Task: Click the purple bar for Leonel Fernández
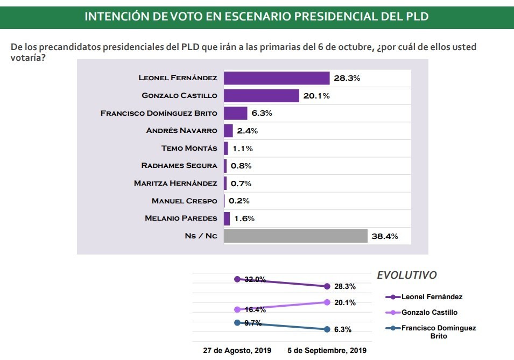276,78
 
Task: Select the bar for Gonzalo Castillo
261,96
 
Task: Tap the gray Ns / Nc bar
295,236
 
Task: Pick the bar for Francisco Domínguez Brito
235,114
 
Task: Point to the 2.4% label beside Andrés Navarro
248,131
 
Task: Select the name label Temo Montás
189,148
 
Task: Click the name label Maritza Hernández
175,183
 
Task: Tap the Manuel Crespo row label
184,201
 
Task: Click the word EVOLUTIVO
406,275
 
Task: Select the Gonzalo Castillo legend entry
429,312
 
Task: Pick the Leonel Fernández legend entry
432,297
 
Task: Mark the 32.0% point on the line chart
237,279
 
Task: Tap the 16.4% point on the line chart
237,309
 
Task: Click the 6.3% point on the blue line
327,329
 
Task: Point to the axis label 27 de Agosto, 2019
237,350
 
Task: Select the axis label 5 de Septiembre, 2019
327,350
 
